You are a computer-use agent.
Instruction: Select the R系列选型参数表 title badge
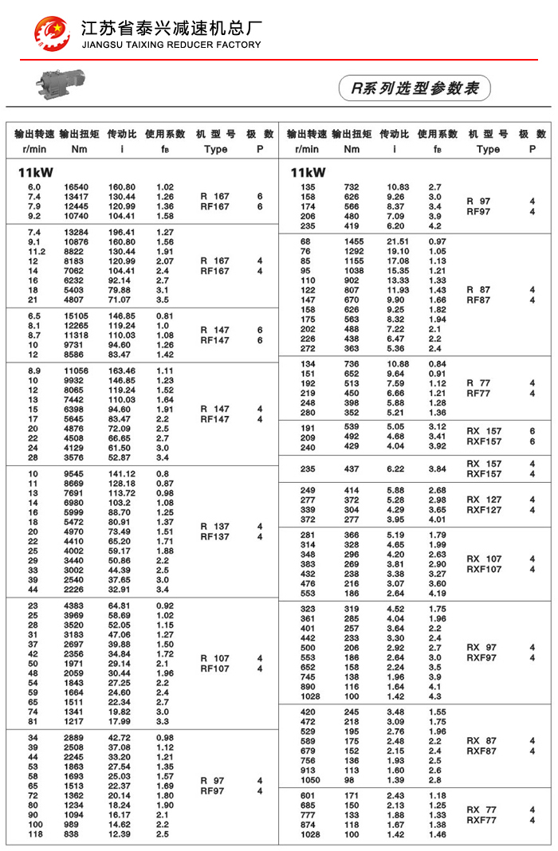[x=415, y=88]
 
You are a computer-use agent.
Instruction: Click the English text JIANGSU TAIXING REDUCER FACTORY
[x=171, y=45]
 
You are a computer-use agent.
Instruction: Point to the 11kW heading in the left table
[x=36, y=172]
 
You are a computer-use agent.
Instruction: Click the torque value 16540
[x=77, y=187]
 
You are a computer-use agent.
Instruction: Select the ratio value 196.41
[x=122, y=232]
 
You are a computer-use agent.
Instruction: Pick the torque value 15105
[x=77, y=316]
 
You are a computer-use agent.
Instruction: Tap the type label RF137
[x=215, y=537]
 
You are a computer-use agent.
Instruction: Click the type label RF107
[x=215, y=669]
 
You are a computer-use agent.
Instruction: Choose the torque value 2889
[x=77, y=738]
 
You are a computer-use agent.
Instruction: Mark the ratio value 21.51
[x=398, y=241]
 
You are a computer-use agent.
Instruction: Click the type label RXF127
[x=484, y=510]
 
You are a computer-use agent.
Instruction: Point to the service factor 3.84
[x=437, y=469]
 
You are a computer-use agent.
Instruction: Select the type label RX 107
[x=484, y=559]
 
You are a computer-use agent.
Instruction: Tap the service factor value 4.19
[x=437, y=594]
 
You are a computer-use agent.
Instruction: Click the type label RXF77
[x=481, y=820]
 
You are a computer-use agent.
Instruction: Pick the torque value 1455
[x=352, y=241]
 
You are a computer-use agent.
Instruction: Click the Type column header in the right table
[x=488, y=149]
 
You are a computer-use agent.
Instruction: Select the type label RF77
[x=478, y=393]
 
